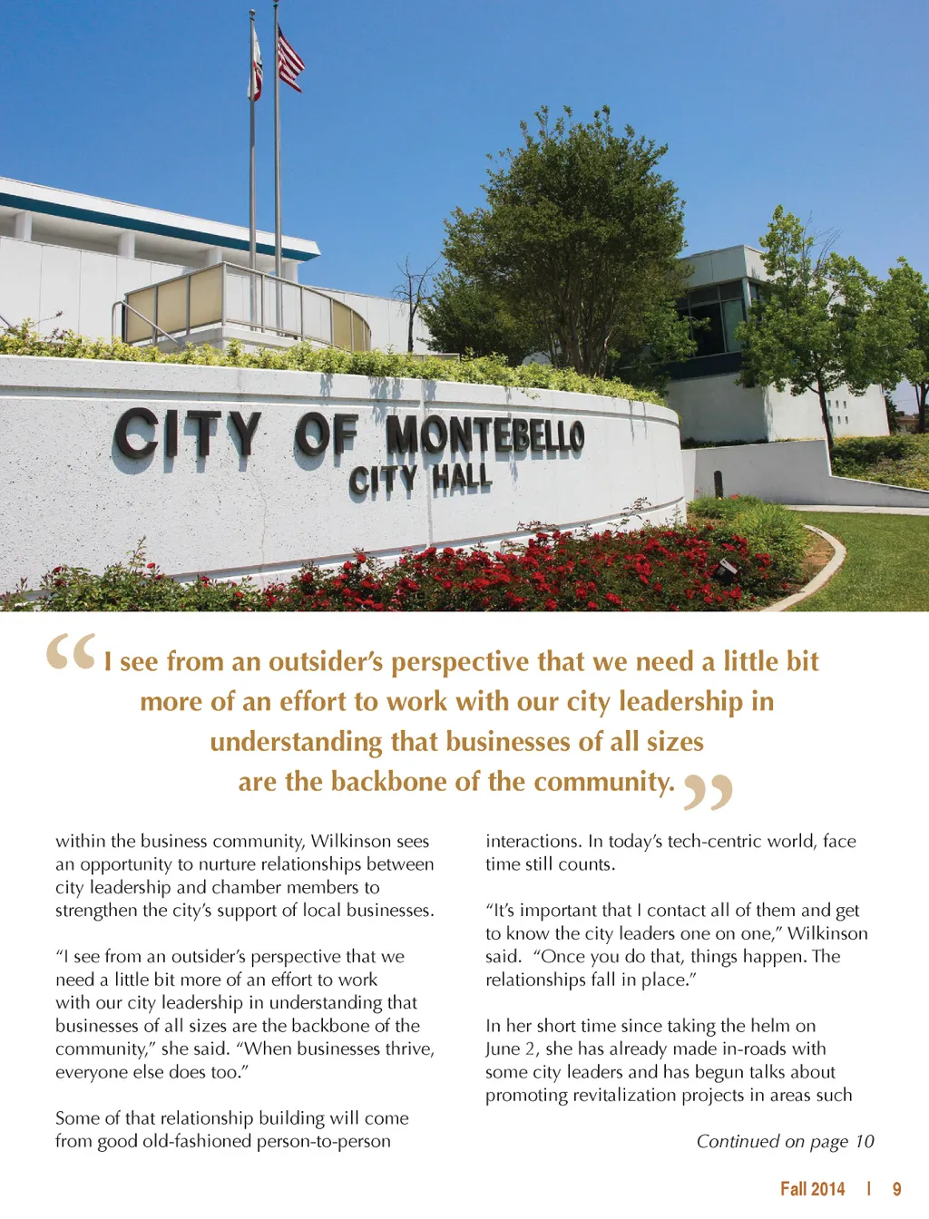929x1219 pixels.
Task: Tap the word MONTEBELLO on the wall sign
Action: [485, 434]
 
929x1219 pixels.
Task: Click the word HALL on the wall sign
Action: [462, 478]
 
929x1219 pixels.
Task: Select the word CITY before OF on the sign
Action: [187, 434]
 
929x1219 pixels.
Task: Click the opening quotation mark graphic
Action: [71, 652]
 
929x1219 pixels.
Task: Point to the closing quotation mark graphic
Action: [708, 791]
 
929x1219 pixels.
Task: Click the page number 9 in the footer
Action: [896, 1189]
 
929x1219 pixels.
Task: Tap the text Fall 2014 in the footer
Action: [812, 1189]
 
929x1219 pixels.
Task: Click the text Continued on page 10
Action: [785, 1141]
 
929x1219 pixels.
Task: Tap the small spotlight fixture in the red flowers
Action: [726, 570]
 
